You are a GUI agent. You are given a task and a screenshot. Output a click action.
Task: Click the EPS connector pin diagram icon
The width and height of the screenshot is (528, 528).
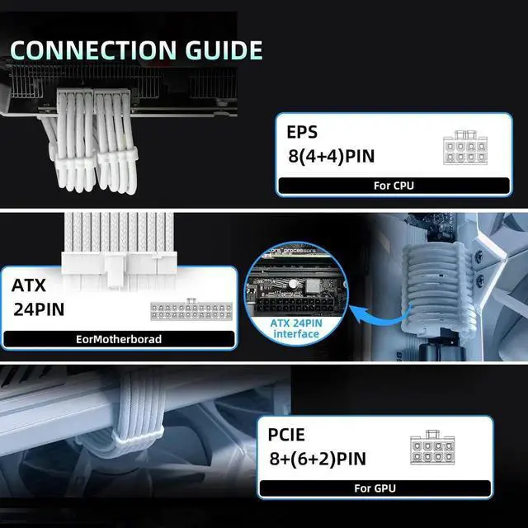467,148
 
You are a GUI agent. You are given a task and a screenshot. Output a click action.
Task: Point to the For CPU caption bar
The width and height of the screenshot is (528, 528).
394,186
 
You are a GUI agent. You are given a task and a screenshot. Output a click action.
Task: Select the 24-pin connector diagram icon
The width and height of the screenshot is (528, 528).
189,311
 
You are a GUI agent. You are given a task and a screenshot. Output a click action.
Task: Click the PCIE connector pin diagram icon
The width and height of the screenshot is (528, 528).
431,450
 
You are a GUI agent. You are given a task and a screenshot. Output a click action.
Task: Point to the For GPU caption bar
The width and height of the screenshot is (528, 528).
375,488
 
